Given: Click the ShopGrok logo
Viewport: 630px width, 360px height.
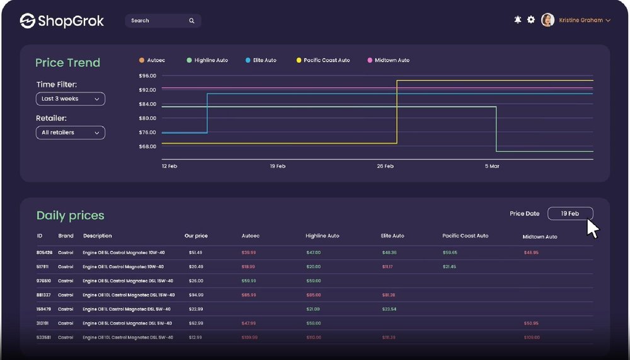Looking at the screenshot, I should click(62, 21).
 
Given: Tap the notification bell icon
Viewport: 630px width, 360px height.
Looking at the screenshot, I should click(518, 20).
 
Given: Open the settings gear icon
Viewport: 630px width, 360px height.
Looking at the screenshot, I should click(531, 20).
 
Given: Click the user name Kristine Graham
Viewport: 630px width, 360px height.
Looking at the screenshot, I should click(580, 21).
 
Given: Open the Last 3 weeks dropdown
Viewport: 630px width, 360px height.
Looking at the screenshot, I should click(70, 99).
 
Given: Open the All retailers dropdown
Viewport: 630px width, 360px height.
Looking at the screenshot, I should click(70, 133).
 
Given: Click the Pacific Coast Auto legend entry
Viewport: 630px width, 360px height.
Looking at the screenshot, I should click(326, 61).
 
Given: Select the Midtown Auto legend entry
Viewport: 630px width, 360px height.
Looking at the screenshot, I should click(392, 61).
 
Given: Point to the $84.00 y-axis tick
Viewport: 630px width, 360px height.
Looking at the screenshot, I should click(147, 104).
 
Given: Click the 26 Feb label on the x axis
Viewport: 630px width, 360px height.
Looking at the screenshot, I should click(385, 166).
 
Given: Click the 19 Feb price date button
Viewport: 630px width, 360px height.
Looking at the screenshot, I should click(570, 214).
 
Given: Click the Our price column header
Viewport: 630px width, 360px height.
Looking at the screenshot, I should click(196, 236).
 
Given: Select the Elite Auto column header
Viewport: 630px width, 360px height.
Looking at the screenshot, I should click(392, 236).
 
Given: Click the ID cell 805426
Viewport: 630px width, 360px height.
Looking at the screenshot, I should click(44, 253).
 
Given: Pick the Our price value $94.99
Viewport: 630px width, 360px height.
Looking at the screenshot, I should click(196, 295).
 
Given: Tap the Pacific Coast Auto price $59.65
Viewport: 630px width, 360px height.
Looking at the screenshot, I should click(450, 253).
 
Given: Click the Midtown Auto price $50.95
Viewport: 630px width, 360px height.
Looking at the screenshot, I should click(531, 323).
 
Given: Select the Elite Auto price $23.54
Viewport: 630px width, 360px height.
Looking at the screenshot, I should click(389, 310).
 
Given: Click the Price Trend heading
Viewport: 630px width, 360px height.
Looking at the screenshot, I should click(67, 63).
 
